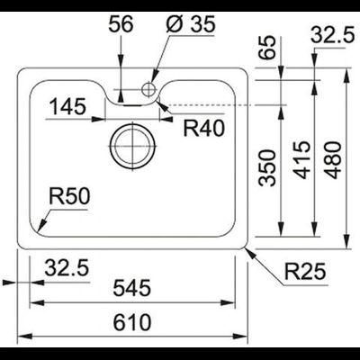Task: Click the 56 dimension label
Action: (x=120, y=24)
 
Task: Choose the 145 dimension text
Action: (x=67, y=108)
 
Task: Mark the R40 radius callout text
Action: (x=202, y=128)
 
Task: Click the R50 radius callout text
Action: (x=68, y=194)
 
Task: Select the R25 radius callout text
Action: (x=304, y=271)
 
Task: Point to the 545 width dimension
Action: (x=132, y=289)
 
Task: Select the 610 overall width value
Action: (x=132, y=321)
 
